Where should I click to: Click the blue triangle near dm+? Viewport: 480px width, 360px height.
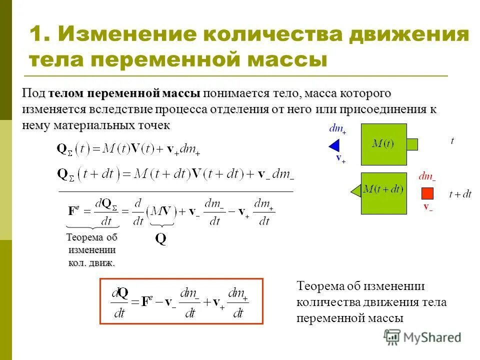[334, 145]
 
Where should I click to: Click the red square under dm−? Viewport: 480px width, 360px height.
[427, 193]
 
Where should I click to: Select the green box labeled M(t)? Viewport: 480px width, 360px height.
[383, 144]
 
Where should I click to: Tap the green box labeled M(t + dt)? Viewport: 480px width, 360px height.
[383, 193]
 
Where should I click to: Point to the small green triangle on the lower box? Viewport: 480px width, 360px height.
[356, 190]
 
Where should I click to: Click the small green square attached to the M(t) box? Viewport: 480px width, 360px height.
[412, 144]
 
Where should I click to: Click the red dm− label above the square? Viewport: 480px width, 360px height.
[427, 176]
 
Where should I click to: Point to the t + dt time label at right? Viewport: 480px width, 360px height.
[460, 194]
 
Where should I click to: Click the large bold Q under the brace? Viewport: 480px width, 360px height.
[160, 239]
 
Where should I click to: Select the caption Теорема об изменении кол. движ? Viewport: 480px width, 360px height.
[91, 250]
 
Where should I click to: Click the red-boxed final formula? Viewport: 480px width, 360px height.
[181, 301]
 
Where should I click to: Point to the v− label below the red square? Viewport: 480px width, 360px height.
[428, 206]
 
